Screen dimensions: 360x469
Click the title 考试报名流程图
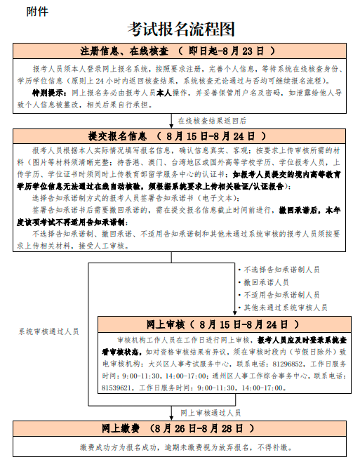tap(180, 29)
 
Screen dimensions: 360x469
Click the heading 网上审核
tap(165, 324)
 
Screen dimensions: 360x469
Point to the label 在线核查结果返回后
tap(211, 120)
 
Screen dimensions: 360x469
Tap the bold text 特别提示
tap(49, 93)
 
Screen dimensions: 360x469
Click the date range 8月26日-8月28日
tap(193, 428)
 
